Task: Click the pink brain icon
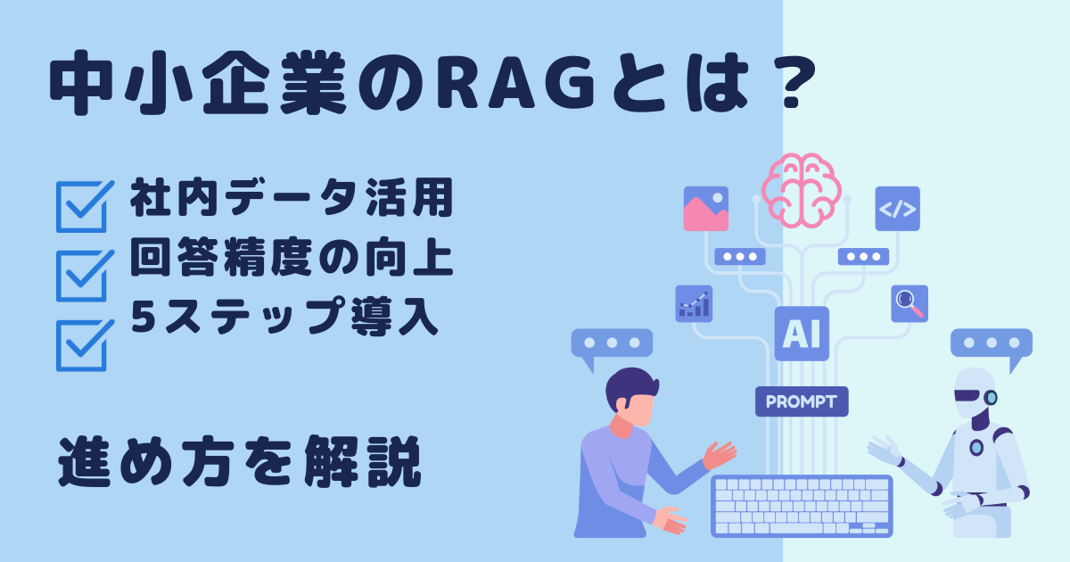click(x=802, y=190)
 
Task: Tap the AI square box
click(x=802, y=334)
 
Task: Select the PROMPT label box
click(x=802, y=401)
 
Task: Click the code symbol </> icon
click(x=898, y=209)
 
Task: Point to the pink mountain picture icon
click(x=706, y=209)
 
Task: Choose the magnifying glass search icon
click(x=909, y=304)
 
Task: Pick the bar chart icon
click(x=694, y=304)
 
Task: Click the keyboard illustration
click(x=802, y=506)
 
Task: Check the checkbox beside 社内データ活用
click(x=85, y=206)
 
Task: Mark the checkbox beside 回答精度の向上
click(x=85, y=276)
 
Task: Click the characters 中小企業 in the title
click(x=197, y=83)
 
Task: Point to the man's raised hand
click(x=719, y=455)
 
